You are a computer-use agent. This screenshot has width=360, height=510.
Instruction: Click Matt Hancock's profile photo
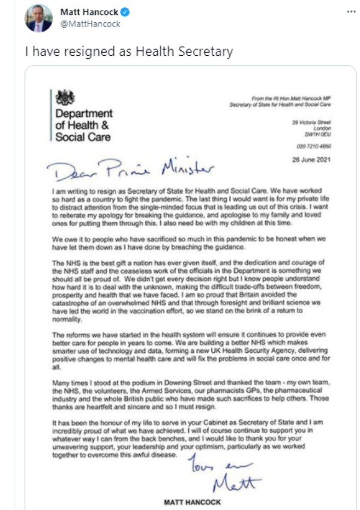(38, 18)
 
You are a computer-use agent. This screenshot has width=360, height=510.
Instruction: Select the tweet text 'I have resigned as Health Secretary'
(128, 52)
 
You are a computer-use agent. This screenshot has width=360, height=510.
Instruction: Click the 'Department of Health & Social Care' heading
(83, 125)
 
